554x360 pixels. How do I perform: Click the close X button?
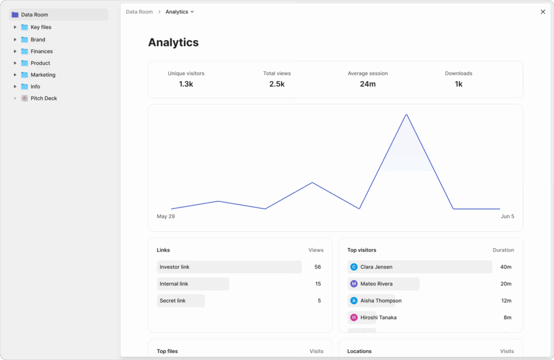(543, 12)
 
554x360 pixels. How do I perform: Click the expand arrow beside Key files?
(15, 27)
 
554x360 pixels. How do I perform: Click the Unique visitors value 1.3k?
(186, 84)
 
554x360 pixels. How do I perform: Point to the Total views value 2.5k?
(276, 84)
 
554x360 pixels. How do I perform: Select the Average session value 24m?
(367, 84)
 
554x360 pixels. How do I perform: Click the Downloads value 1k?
(458, 84)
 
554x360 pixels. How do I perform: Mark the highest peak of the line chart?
(406, 115)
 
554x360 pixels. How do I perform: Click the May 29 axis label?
(166, 217)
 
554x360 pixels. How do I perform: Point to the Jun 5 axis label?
(507, 217)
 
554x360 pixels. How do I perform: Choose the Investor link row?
(229, 267)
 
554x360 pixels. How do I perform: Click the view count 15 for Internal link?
(318, 284)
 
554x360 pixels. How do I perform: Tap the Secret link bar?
(181, 300)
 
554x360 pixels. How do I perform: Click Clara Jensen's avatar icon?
(354, 267)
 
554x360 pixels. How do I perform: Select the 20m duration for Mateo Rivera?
(506, 284)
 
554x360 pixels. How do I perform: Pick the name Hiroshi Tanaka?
(378, 318)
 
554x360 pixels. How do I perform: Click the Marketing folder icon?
(24, 75)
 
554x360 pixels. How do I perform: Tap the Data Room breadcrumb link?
(139, 12)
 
